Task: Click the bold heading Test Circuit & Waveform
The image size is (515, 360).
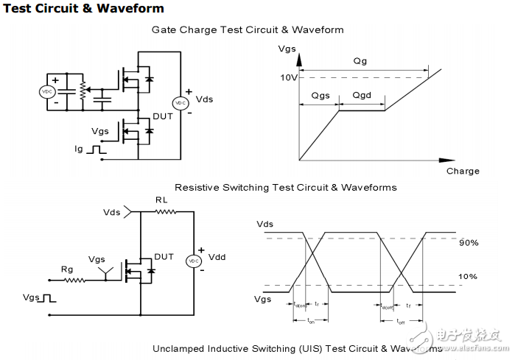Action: [83, 9]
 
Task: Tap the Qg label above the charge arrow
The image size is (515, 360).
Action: [360, 62]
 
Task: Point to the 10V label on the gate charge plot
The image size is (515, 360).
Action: [288, 77]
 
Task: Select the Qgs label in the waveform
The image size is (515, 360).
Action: [320, 96]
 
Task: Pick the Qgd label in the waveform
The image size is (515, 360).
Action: [362, 96]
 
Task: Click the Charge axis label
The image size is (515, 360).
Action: [463, 171]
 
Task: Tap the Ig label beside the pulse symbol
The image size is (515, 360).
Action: [79, 149]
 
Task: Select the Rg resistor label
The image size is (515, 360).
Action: [67, 269]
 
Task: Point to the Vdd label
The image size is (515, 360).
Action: [217, 257]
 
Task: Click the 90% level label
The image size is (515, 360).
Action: [469, 242]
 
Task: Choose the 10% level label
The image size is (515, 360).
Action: [469, 277]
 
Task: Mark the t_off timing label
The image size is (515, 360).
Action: [402, 321]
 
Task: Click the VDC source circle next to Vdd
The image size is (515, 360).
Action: [194, 261]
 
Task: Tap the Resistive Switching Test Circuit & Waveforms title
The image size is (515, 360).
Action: [285, 187]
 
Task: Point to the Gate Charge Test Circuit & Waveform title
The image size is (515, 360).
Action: [248, 30]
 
